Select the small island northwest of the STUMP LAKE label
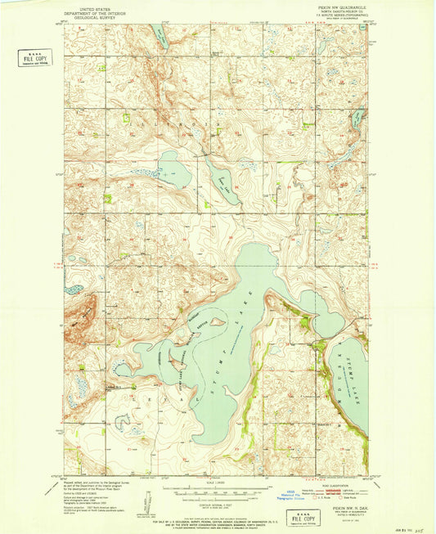pyautogui.click(x=217, y=321)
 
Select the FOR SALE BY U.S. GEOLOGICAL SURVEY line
pyautogui.click(x=218, y=517)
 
